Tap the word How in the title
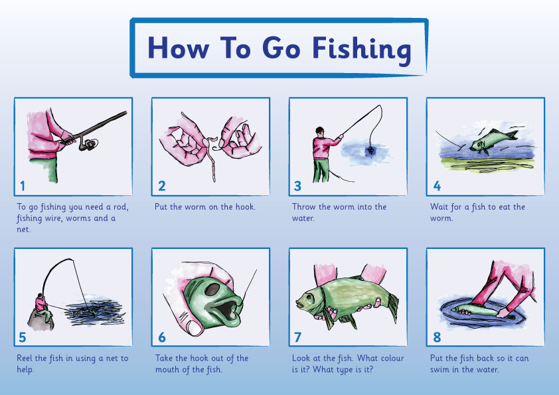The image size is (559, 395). (x=178, y=47)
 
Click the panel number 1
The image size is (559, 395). (x=23, y=186)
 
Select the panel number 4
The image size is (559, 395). (x=437, y=186)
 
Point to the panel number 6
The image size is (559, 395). (x=162, y=337)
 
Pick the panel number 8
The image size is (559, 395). (x=437, y=337)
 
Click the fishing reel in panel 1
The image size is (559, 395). (x=88, y=144)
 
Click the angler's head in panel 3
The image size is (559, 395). (x=320, y=131)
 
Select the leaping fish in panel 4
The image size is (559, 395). (x=493, y=141)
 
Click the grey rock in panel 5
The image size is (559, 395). (x=40, y=320)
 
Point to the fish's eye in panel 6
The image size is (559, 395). (x=212, y=289)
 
